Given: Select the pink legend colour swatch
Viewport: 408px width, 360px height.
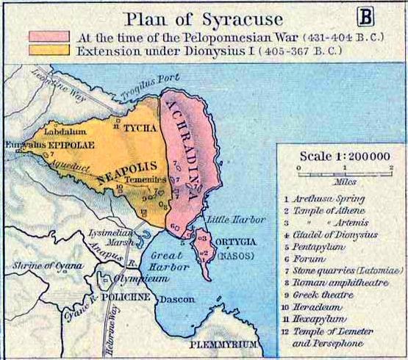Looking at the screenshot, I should [x=49, y=36].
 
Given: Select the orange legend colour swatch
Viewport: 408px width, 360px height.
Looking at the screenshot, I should [x=49, y=50].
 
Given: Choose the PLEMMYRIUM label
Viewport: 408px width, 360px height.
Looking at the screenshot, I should [x=223, y=343].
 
